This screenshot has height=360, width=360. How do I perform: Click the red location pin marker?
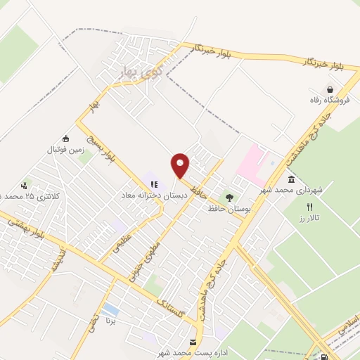[180, 165]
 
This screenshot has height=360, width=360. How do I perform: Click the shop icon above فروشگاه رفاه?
[330, 89]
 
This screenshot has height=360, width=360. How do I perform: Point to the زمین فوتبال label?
[65, 150]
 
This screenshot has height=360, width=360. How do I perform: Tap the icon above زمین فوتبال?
[66, 139]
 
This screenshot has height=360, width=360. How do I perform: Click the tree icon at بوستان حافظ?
[228, 198]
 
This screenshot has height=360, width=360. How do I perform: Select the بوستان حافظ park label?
[227, 209]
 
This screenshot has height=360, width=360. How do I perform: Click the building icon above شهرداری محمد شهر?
[291, 179]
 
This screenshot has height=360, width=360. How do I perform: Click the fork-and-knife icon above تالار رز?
[309, 207]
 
